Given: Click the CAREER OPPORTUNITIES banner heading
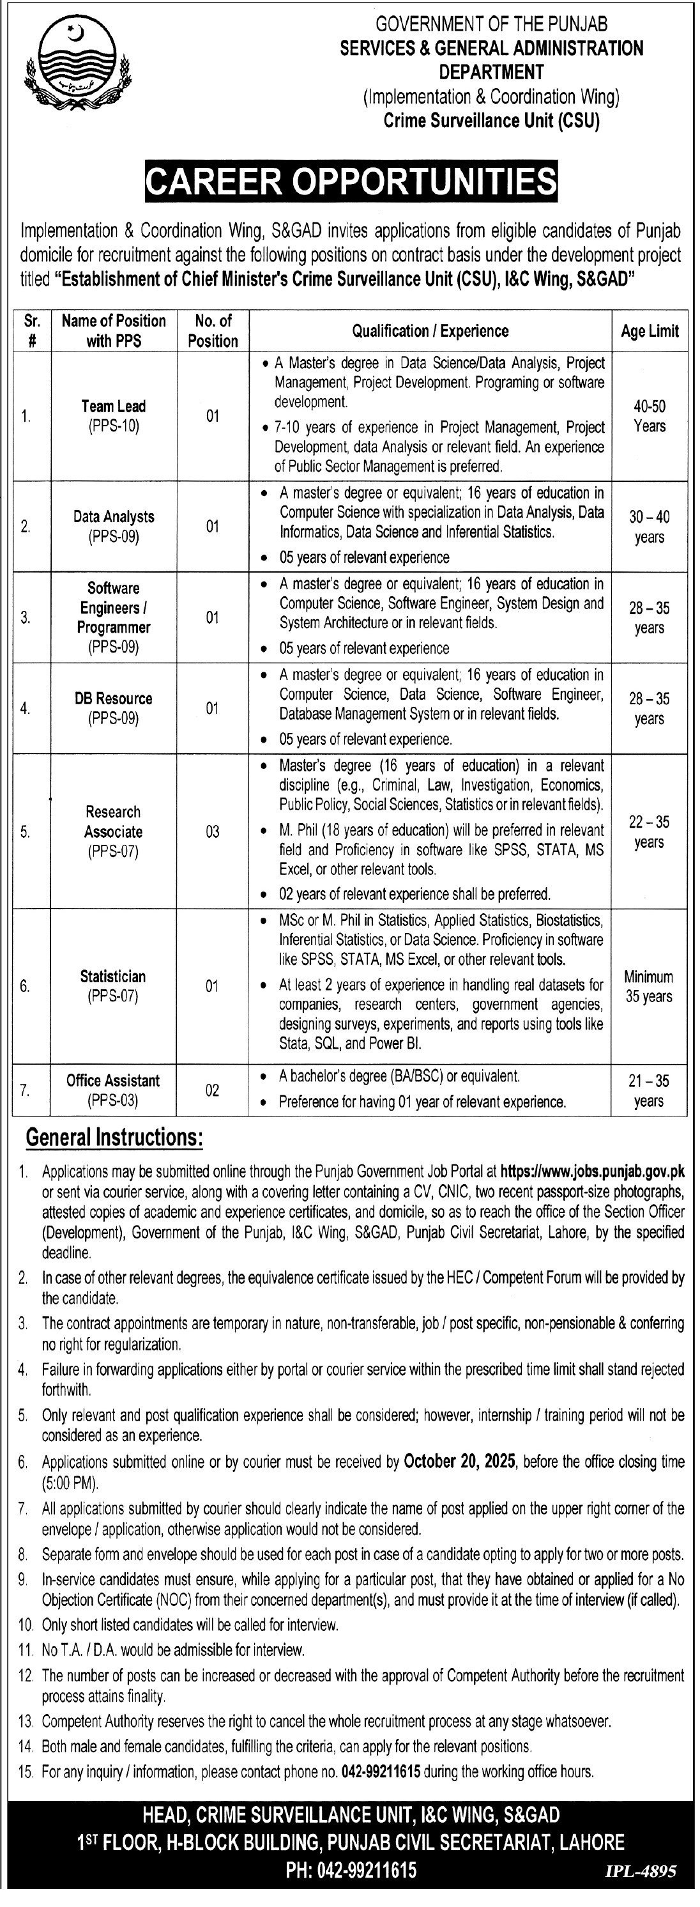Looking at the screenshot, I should pyautogui.click(x=351, y=182).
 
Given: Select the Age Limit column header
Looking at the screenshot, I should pyautogui.click(x=650, y=331).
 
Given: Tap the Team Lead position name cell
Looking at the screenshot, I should pyautogui.click(x=113, y=415).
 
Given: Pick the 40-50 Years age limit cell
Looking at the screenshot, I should pyautogui.click(x=650, y=416).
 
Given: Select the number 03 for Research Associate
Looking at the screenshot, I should pyautogui.click(x=213, y=831).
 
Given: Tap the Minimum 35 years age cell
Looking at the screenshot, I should pyautogui.click(x=649, y=986).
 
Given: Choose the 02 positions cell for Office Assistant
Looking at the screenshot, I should pyautogui.click(x=213, y=1090).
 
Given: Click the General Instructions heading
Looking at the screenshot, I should pyautogui.click(x=115, y=1137).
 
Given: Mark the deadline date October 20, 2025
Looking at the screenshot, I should pyautogui.click(x=459, y=1462).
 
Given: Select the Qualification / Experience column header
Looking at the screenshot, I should pyautogui.click(x=430, y=331).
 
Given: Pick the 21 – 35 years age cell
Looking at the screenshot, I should pyautogui.click(x=649, y=1090).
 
